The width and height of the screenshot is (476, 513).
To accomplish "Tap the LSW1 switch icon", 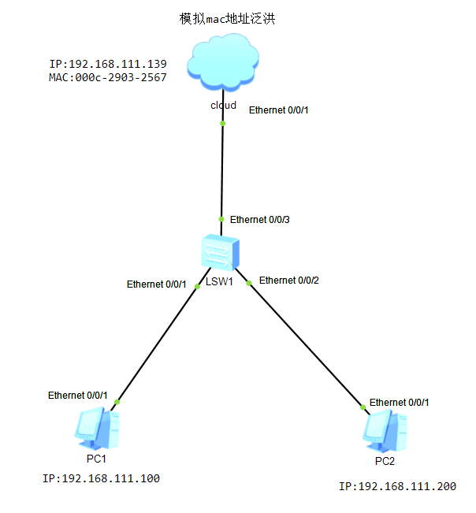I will pyautogui.click(x=221, y=254).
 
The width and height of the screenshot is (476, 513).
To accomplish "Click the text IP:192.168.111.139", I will pyautogui.click(x=107, y=64).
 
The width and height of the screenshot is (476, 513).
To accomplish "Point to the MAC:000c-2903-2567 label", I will pyautogui.click(x=107, y=77).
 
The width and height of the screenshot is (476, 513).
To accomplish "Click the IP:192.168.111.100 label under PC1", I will pyautogui.click(x=101, y=478).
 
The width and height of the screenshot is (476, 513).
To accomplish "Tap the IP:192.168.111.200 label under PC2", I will pyautogui.click(x=397, y=486).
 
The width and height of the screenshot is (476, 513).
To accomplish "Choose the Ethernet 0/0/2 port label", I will pyautogui.click(x=288, y=280).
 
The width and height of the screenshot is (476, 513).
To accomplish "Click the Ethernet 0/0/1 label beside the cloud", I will pyautogui.click(x=278, y=110).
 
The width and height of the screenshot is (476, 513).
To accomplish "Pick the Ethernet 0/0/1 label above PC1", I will pyautogui.click(x=77, y=395).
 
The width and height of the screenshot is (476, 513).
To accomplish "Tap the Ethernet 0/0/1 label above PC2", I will pyautogui.click(x=399, y=402).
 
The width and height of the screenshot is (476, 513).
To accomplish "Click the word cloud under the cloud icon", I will pyautogui.click(x=223, y=105).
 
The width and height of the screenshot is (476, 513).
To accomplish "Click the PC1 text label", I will pyautogui.click(x=96, y=458).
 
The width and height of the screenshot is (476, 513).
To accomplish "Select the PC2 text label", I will pyautogui.click(x=385, y=461).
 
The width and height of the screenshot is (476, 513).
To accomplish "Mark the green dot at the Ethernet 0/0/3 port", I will pyautogui.click(x=222, y=220).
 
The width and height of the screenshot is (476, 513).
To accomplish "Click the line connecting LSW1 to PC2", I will pyautogui.click(x=307, y=343).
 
